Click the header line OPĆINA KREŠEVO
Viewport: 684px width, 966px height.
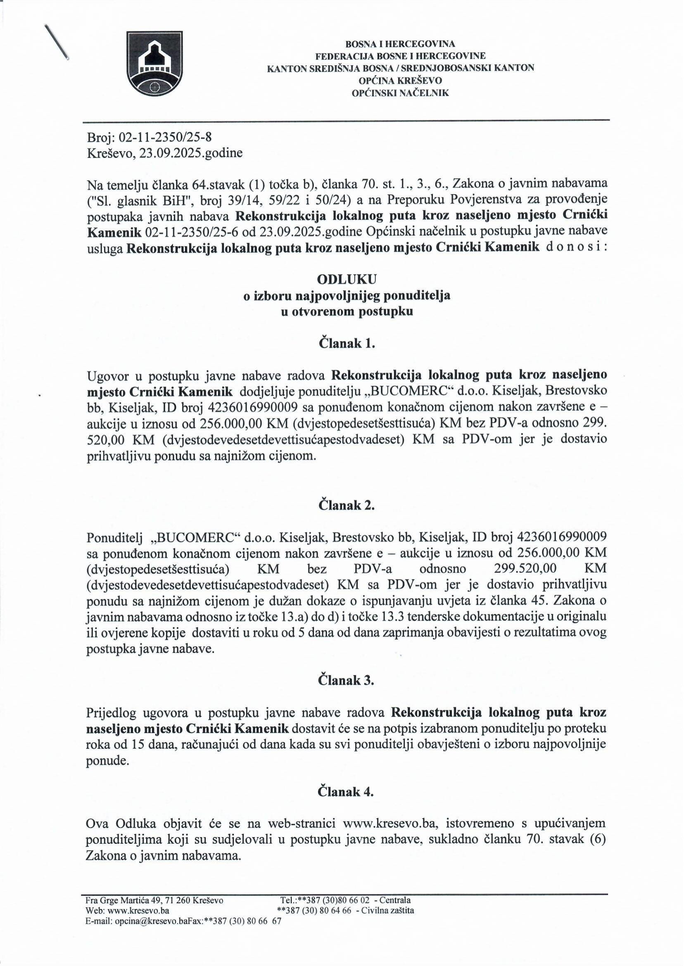coord(401,80)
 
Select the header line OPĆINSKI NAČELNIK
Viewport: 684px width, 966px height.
coord(401,93)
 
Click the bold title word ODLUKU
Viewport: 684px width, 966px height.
coord(347,279)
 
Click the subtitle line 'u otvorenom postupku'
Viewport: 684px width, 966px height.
coord(347,312)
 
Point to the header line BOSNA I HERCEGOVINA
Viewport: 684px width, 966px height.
coord(401,44)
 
